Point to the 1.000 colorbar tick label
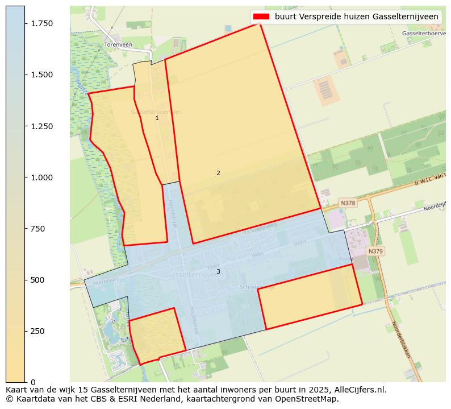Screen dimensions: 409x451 pyautogui.click(x=41, y=177)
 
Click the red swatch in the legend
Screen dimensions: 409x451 pyautogui.click(x=261, y=17)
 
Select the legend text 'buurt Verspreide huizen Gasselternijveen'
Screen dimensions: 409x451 pyautogui.click(x=356, y=17)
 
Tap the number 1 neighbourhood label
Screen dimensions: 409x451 pyautogui.click(x=157, y=118)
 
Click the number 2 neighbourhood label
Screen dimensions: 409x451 pyautogui.click(x=218, y=173)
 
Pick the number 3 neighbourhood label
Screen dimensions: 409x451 pyautogui.click(x=218, y=272)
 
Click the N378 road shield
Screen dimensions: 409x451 pyautogui.click(x=348, y=203)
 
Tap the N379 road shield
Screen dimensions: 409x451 pyautogui.click(x=375, y=251)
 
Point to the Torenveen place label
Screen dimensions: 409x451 pyautogui.click(x=118, y=44)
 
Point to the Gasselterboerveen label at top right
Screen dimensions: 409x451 pyautogui.click(x=424, y=34)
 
